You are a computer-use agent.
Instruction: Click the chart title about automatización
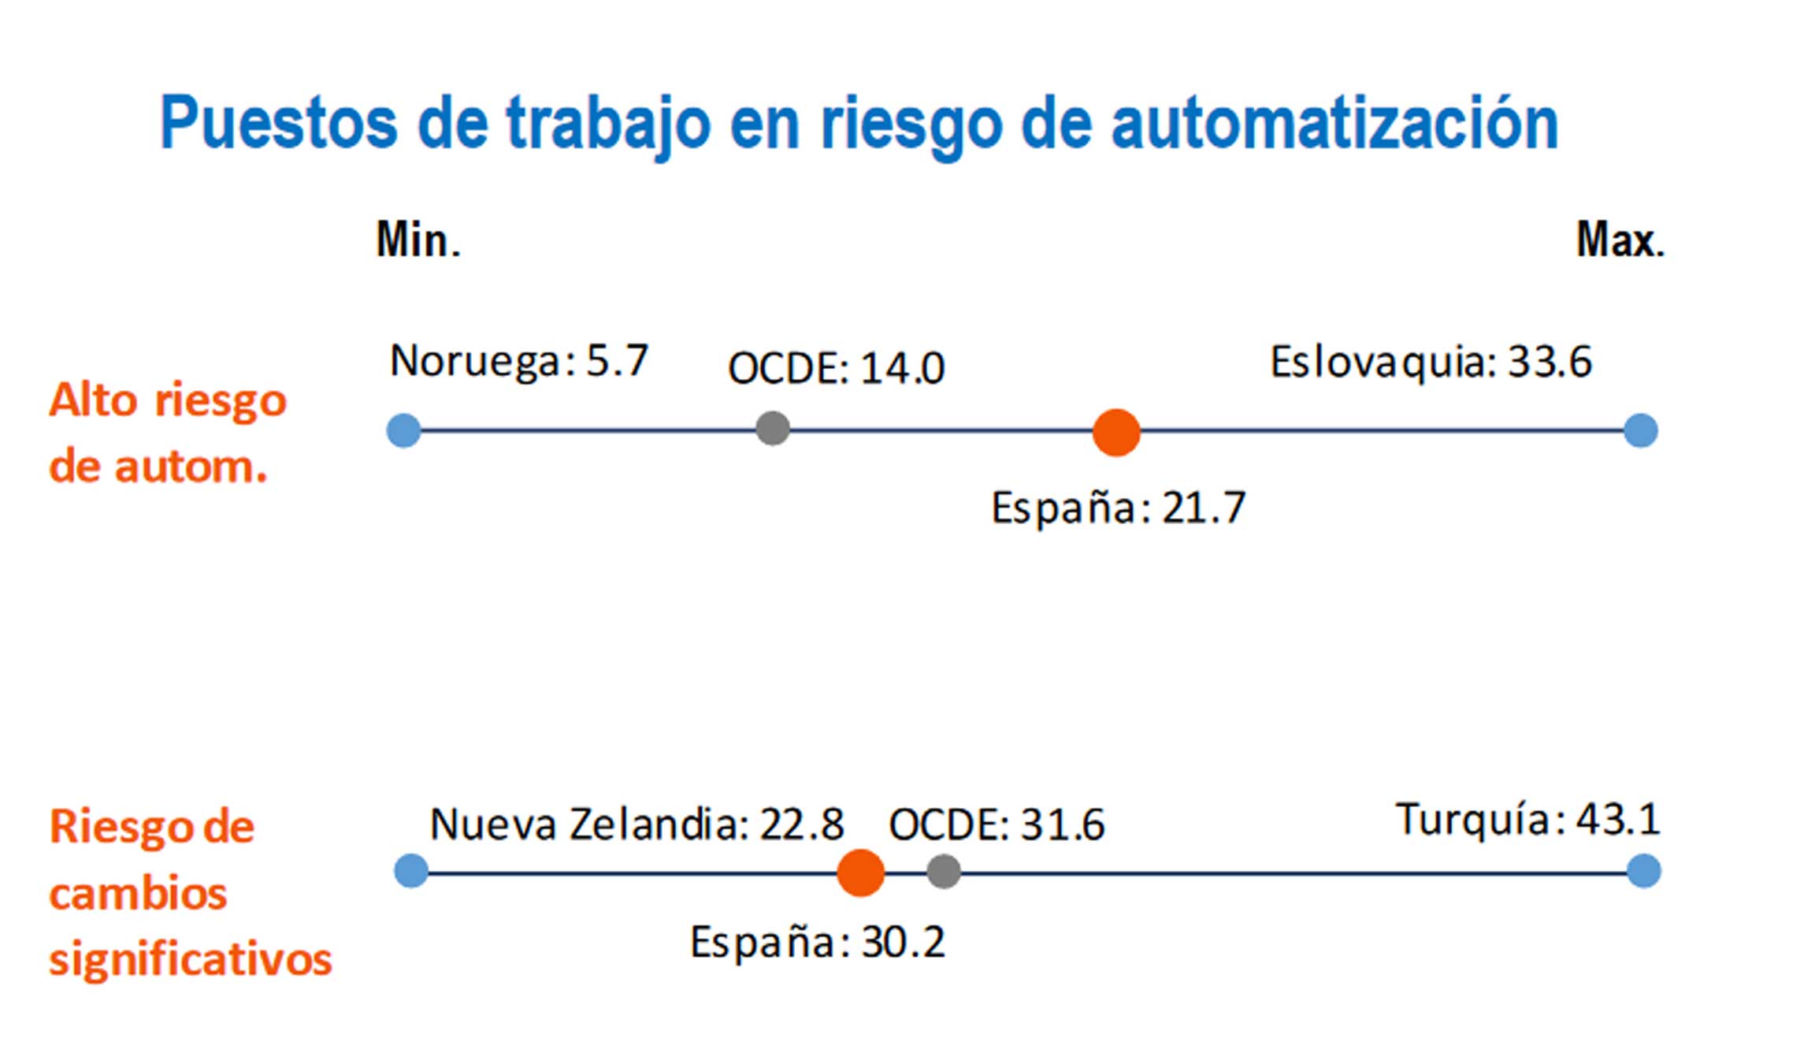click(859, 124)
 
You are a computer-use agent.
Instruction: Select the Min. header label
click(418, 240)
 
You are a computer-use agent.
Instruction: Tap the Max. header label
click(1620, 240)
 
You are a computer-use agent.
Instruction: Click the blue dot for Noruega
click(404, 431)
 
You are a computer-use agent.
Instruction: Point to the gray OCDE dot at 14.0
click(773, 429)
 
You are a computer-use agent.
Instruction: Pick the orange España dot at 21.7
click(1116, 432)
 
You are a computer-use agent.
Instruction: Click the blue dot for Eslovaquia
click(1641, 431)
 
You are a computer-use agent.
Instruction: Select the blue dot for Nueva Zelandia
click(411, 871)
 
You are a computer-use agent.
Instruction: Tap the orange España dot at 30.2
click(860, 873)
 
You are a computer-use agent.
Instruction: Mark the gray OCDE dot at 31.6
click(944, 872)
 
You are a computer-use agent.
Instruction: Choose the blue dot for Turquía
click(1644, 871)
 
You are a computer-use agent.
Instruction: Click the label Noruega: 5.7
click(519, 362)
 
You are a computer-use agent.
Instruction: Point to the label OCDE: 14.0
click(836, 368)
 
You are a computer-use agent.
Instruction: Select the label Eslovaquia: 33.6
click(1431, 362)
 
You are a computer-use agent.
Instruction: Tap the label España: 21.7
click(1118, 508)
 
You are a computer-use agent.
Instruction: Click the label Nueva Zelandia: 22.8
click(637, 824)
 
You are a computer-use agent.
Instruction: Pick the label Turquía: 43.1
click(1527, 820)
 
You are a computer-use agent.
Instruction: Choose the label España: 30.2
click(817, 942)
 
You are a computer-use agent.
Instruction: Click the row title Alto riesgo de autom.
click(167, 434)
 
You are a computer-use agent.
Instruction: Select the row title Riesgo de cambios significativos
click(190, 893)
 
